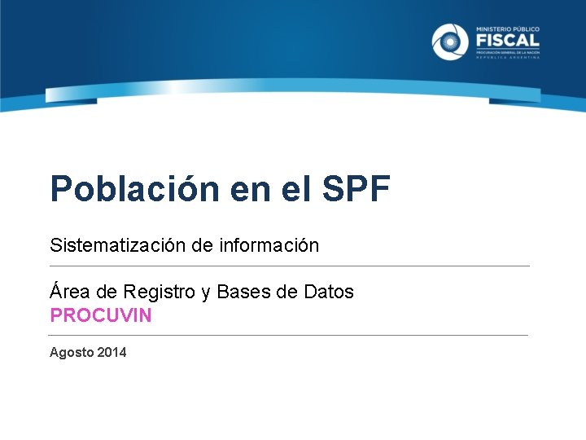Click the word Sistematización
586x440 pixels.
click(118, 244)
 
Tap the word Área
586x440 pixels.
click(68, 291)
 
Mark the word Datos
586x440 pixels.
click(328, 291)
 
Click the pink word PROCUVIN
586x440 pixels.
click(101, 315)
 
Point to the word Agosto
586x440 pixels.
click(71, 353)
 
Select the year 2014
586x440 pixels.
click(112, 352)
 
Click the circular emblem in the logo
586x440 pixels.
click(450, 42)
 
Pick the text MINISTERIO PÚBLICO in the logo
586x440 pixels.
click(506, 27)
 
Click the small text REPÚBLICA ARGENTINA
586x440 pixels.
click(506, 58)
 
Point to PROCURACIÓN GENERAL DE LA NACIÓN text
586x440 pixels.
click(506, 51)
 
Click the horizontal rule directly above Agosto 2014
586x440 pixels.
click(289, 335)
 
